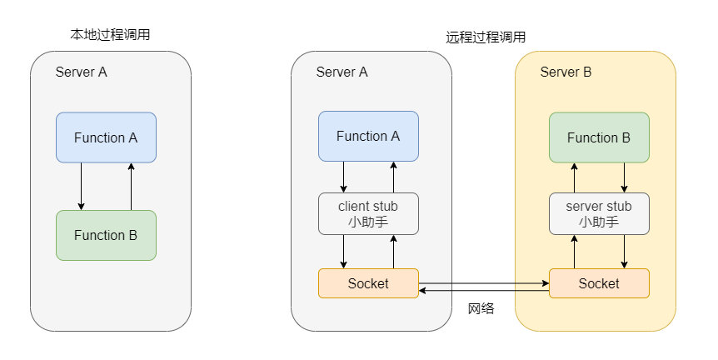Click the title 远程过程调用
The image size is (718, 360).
pyautogui.click(x=486, y=37)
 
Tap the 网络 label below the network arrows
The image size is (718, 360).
pyautogui.click(x=481, y=308)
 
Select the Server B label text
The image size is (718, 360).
pyautogui.click(x=566, y=72)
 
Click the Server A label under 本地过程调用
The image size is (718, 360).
pyautogui.click(x=81, y=72)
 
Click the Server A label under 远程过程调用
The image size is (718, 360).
pyautogui.click(x=342, y=72)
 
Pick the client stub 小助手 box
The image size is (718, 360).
pyautogui.click(x=368, y=214)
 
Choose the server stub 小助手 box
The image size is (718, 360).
pyautogui.click(x=599, y=214)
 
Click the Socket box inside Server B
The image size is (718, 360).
pyautogui.click(x=599, y=283)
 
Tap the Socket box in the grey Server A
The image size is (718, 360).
pyautogui.click(x=368, y=283)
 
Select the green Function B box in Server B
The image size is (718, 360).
pyautogui.click(x=599, y=137)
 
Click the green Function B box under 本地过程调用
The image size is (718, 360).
pyautogui.click(x=106, y=235)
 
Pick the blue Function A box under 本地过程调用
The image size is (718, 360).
pyautogui.click(x=106, y=137)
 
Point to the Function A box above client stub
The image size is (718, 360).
pyautogui.click(x=368, y=137)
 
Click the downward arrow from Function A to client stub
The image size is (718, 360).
pyautogui.click(x=344, y=177)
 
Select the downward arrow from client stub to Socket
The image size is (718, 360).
pyautogui.click(x=344, y=252)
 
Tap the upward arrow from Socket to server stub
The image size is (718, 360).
pyautogui.click(x=574, y=252)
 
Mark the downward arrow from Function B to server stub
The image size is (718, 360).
pyautogui.click(x=624, y=177)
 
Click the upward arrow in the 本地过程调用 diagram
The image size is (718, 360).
pyautogui.click(x=131, y=186)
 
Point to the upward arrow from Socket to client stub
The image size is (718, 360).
pyautogui.click(x=393, y=252)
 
